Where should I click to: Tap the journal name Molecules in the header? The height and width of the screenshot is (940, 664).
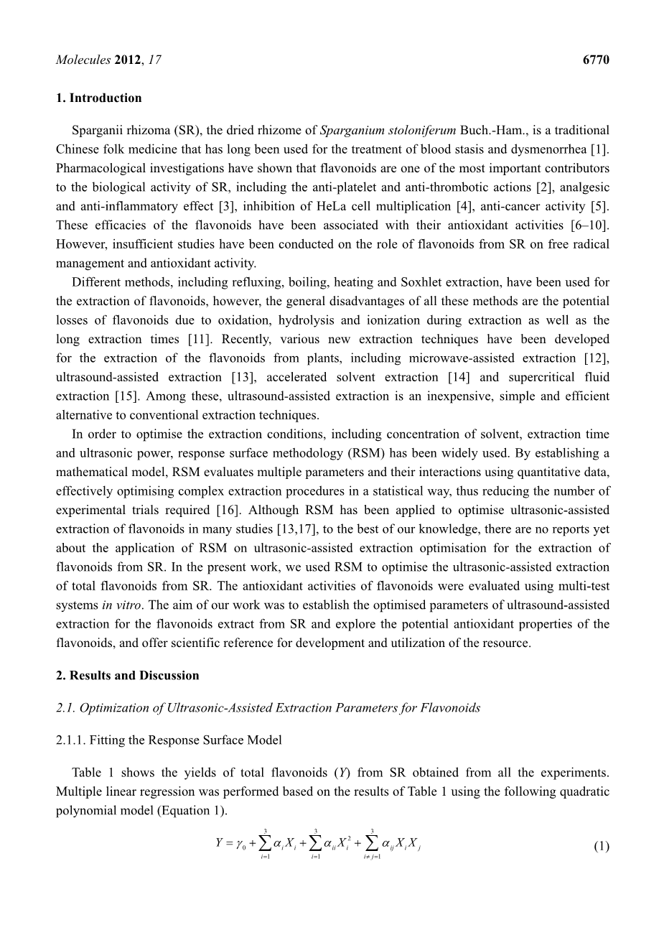(83, 60)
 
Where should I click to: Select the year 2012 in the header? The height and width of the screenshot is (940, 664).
(128, 60)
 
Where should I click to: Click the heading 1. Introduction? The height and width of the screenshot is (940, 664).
(98, 98)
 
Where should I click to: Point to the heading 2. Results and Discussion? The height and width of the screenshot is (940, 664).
(127, 676)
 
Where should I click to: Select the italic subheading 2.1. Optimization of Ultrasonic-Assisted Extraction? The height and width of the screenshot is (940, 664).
(268, 708)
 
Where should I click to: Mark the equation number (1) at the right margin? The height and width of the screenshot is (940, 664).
(602, 846)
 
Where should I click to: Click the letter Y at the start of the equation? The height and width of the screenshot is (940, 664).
(220, 842)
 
